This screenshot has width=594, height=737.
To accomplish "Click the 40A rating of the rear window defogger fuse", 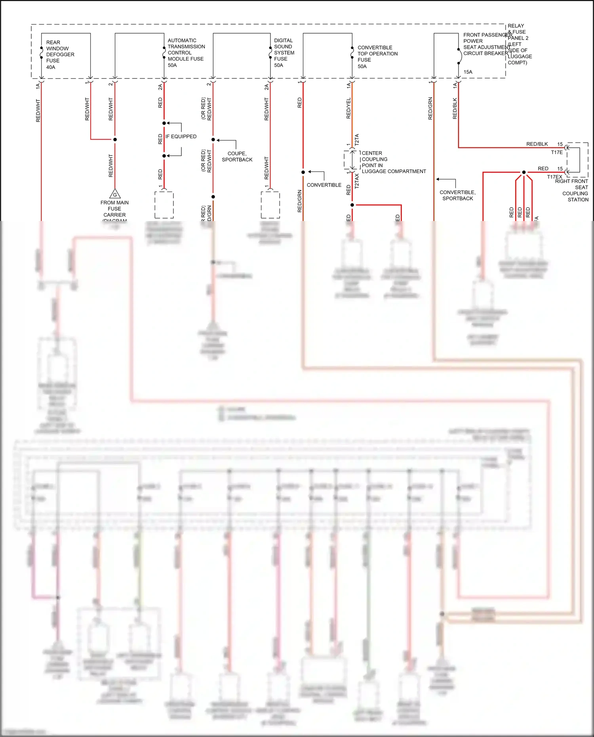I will point(51,67).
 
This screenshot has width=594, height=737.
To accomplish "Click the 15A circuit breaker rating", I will point(468,72).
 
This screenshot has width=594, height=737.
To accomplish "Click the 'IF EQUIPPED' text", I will point(181,137).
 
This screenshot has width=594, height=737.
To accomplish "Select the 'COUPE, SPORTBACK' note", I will point(237,156).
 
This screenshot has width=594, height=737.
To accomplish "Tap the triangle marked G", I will point(115,194).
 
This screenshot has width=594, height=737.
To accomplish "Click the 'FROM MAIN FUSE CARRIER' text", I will point(114,209).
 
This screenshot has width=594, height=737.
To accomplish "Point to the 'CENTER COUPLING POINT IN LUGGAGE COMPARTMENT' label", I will point(393,162).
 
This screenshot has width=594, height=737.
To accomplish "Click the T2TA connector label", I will point(357,139).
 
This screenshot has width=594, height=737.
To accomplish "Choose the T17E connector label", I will point(556,152).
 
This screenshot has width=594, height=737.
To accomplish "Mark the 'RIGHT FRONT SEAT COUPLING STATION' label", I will point(573,190).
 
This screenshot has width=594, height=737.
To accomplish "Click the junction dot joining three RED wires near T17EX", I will point(524,172).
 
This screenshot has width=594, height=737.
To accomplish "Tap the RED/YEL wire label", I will point(348,108).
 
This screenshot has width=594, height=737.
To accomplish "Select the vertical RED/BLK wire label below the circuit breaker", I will point(455,109).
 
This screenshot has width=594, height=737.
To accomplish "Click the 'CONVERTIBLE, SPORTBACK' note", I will point(457,195).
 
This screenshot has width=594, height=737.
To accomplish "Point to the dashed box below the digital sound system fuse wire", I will point(270,205).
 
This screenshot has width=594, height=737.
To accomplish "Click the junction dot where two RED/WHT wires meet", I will point(115,139).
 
